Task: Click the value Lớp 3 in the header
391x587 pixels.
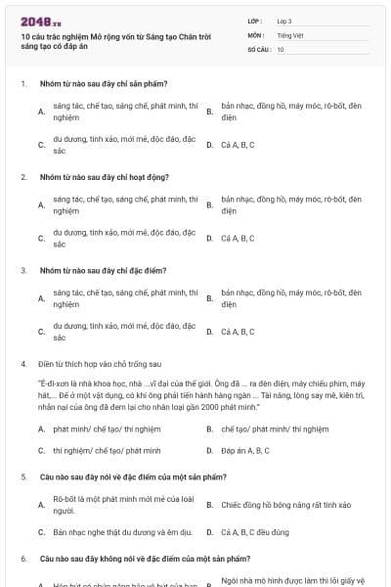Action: coord(284,21)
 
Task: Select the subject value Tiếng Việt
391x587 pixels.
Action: coord(288,34)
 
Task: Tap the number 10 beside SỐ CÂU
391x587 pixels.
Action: coord(281,48)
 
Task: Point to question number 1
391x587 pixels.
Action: coord(22,84)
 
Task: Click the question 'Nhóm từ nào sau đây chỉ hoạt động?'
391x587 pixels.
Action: coord(104,177)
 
